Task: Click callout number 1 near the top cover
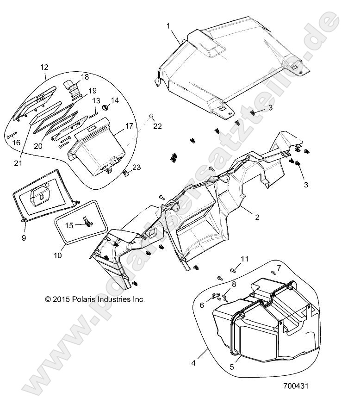(169, 26)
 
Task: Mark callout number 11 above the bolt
(245, 258)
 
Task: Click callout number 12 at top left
(44, 67)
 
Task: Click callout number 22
(157, 126)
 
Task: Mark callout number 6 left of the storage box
(202, 306)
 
